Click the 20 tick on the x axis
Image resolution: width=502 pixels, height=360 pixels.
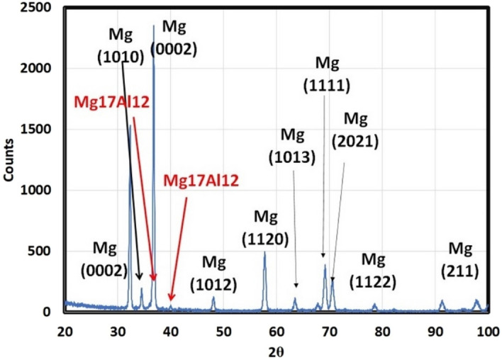pyautogui.click(x=65, y=330)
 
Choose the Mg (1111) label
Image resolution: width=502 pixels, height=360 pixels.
pyautogui.click(x=327, y=75)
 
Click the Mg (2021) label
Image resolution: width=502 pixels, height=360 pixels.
pyautogui.click(x=362, y=129)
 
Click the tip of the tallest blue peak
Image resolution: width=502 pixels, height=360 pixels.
pyautogui.click(x=154, y=26)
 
